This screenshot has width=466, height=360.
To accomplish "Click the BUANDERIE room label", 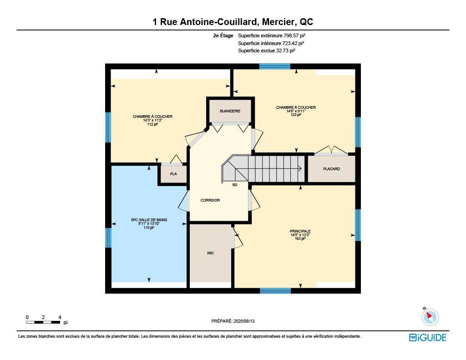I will point(230,111).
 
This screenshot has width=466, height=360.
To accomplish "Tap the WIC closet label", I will point(210,253).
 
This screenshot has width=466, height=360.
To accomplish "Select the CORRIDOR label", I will point(210,200).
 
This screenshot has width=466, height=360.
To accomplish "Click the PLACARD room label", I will point(331,169).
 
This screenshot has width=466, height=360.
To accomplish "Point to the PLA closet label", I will point(173,174).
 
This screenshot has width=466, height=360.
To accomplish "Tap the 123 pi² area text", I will point(296,115).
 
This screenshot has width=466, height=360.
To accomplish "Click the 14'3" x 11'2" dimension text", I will point(152,121).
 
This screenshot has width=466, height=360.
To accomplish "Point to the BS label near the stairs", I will point(235,185).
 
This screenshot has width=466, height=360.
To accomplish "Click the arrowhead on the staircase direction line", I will point(301,168).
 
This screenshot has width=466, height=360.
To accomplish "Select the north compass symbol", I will point(430,317).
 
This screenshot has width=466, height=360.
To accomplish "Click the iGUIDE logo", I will point(427,337).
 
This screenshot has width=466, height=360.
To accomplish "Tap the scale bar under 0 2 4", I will point(43,322).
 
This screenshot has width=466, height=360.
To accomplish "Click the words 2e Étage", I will point(223,35).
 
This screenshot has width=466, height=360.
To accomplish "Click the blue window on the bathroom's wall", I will point(108,238).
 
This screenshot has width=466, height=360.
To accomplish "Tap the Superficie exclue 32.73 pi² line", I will point(267,51).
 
